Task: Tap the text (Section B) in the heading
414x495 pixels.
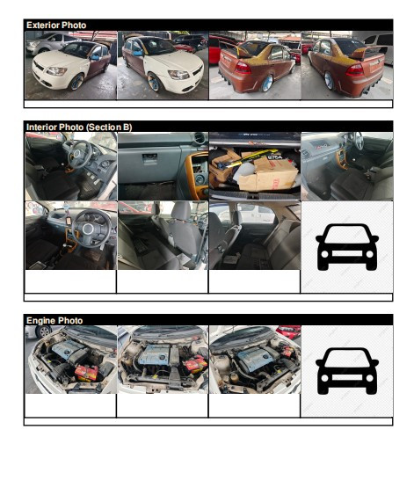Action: (109, 127)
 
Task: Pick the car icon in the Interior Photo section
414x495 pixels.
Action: (347, 247)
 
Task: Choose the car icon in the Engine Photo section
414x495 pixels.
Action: (347, 371)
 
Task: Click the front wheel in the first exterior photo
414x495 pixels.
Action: (76, 82)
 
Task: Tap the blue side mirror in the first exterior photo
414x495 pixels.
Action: (95, 58)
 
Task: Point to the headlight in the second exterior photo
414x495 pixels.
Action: (178, 75)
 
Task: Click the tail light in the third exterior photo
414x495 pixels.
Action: (243, 68)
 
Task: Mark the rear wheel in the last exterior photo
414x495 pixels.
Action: (329, 81)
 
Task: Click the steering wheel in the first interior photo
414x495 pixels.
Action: (79, 154)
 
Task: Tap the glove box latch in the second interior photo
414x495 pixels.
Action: (149, 158)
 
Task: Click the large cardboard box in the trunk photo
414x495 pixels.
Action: (268, 173)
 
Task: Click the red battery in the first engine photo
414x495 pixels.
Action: (87, 373)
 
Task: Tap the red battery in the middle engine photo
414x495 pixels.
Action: (195, 364)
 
